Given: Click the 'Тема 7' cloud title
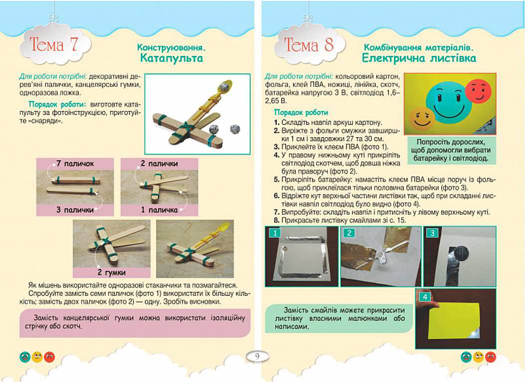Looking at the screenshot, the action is pyautogui.click(x=53, y=44).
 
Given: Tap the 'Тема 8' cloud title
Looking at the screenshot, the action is pyautogui.click(x=309, y=44).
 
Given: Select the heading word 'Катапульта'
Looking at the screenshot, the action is pyautogui.click(x=172, y=58).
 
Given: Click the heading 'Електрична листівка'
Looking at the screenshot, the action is pyautogui.click(x=419, y=58).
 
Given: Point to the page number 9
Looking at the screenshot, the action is pyautogui.click(x=257, y=356).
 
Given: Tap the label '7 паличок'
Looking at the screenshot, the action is pyautogui.click(x=75, y=164).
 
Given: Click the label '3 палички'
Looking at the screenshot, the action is pyautogui.click(x=75, y=210).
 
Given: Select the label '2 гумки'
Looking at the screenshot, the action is pyautogui.click(x=112, y=272).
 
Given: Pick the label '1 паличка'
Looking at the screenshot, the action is pyautogui.click(x=159, y=210).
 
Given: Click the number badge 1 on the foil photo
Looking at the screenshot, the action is pyautogui.click(x=275, y=233).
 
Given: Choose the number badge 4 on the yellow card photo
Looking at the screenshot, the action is pyautogui.click(x=425, y=297).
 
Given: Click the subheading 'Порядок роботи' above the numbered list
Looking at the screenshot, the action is pyautogui.click(x=301, y=113).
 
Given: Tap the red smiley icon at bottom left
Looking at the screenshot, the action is pyautogui.click(x=49, y=357).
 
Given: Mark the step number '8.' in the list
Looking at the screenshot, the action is pyautogui.click(x=277, y=220).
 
